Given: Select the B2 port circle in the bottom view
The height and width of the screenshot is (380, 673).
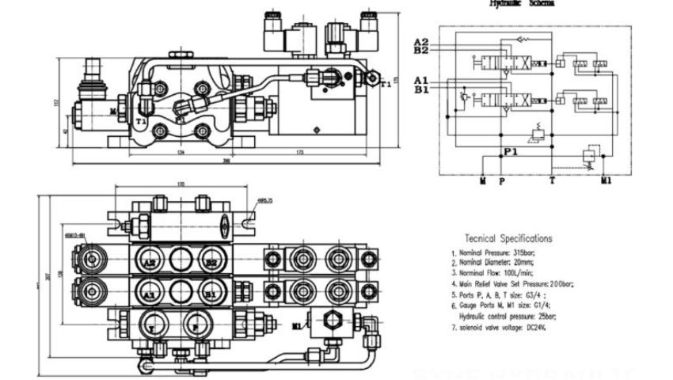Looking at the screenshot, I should point(209,260).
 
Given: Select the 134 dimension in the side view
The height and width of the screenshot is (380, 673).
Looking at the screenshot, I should point(181,153).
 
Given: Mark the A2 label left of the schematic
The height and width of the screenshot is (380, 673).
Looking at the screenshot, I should point(421,42).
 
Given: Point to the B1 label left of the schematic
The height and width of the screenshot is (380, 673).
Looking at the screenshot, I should point(421,89).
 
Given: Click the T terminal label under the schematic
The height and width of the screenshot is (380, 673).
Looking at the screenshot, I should point(552,181).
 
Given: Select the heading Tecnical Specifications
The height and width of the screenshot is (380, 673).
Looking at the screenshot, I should point(508,238).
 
